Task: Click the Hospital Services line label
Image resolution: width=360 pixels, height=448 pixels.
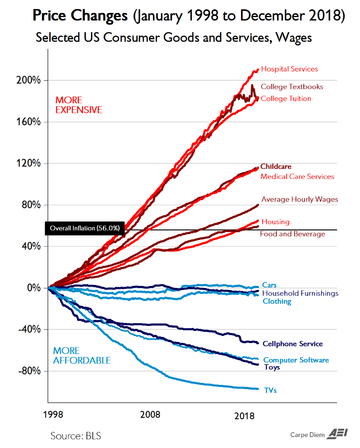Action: [289, 69]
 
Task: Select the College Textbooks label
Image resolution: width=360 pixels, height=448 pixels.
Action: [292, 87]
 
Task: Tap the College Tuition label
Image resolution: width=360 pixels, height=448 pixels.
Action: [286, 99]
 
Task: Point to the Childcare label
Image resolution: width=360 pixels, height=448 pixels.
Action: [276, 166]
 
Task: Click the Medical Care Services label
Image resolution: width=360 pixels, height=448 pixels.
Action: [297, 176]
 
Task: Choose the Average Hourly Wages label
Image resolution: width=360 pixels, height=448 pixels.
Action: [299, 199]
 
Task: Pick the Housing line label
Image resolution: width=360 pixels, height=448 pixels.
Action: [275, 222]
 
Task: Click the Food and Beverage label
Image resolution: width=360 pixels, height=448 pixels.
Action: [292, 234]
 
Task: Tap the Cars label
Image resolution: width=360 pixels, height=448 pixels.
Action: [269, 285]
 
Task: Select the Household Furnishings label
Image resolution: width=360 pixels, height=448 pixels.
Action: [300, 293]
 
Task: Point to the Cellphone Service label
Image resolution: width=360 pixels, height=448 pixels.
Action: [292, 344]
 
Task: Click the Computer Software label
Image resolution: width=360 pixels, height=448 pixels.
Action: [296, 360]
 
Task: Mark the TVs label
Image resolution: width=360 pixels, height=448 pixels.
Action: [270, 390]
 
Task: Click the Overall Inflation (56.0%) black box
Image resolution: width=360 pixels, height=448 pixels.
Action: [84, 228]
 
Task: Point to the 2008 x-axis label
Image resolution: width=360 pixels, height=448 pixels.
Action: [150, 415]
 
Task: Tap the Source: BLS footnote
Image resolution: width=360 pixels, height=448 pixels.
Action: [76, 435]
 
